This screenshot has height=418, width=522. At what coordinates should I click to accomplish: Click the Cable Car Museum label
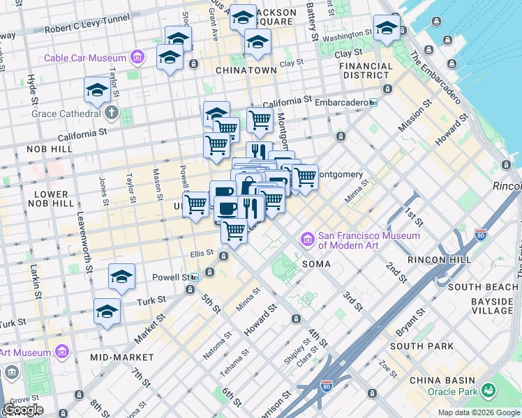pyautogui.click(x=85, y=58)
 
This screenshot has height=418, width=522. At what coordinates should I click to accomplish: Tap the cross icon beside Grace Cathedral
pyautogui.click(x=112, y=113)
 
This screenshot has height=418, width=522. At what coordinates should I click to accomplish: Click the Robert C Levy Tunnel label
pyautogui.click(x=87, y=29)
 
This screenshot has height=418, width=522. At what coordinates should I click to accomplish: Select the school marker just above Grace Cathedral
pyautogui.click(x=97, y=90)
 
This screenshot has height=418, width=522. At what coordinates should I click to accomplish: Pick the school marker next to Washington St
pyautogui.click(x=386, y=29)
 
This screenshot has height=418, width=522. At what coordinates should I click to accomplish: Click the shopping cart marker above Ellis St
pyautogui.click(x=234, y=230)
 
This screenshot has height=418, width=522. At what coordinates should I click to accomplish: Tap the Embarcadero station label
pyautogui.click(x=340, y=102)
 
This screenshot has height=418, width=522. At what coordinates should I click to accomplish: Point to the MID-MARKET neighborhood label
pyautogui.click(x=117, y=357)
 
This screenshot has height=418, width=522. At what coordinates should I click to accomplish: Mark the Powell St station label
pyautogui.click(x=171, y=277)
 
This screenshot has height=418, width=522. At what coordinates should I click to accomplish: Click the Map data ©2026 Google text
pyautogui.click(x=478, y=412)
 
